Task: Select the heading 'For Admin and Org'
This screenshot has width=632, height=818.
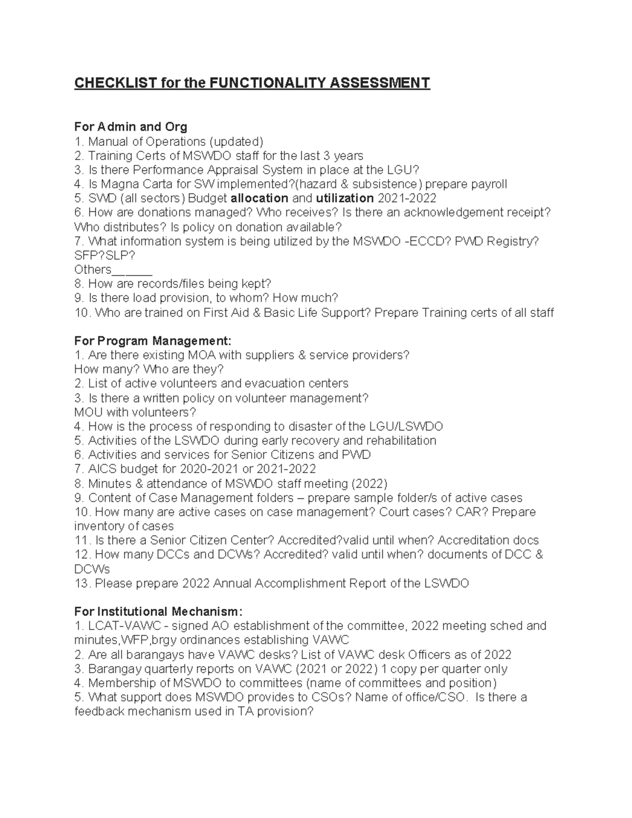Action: pyautogui.click(x=131, y=127)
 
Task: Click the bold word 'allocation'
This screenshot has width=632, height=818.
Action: pyautogui.click(x=260, y=198)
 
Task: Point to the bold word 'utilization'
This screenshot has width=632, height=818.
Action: pyautogui.click(x=345, y=198)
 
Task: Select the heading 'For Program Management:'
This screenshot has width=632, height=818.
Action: pyautogui.click(x=153, y=341)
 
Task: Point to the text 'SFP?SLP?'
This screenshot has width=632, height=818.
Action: pyautogui.click(x=105, y=255)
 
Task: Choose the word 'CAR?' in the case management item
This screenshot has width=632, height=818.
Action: pyautogui.click(x=472, y=512)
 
